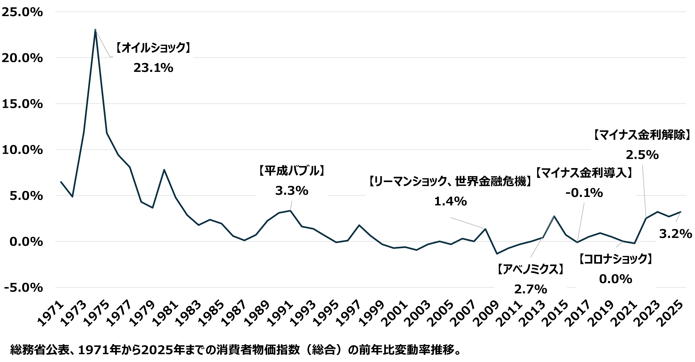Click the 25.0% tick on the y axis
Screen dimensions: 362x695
point(22,12)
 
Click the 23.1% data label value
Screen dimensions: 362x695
point(153,68)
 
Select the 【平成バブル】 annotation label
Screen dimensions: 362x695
point(292,171)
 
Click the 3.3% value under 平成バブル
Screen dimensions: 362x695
point(292,191)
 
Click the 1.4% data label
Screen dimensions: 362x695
point(450,201)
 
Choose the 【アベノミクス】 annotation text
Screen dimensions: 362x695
point(531,269)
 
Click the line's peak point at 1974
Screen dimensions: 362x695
point(95,30)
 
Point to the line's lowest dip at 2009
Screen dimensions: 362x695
point(497,254)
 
